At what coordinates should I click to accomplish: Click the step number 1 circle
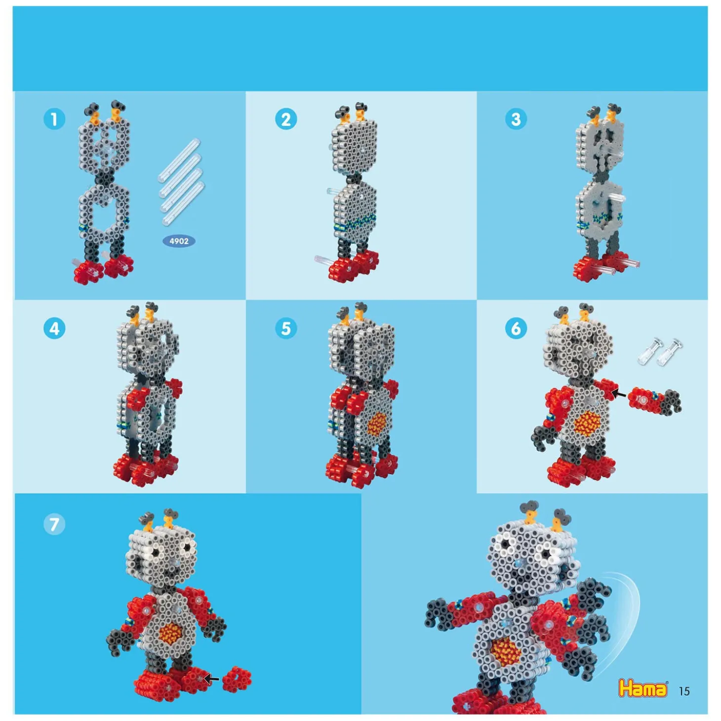54,120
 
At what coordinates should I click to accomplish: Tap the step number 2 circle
286,120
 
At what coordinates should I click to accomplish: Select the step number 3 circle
516,120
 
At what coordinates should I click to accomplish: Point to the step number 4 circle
54,328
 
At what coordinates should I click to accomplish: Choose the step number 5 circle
286,328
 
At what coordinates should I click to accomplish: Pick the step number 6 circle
516,328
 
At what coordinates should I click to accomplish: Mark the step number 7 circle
54,524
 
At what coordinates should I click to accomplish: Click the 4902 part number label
179,241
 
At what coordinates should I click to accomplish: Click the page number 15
684,691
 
